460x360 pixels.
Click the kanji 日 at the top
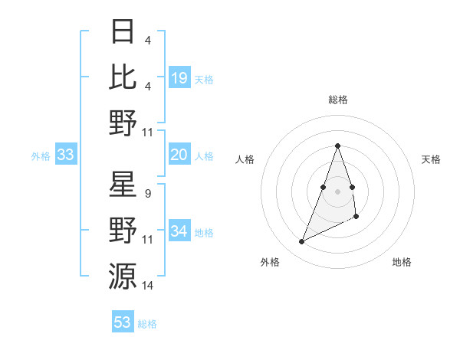(123, 33)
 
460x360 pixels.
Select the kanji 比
(123, 77)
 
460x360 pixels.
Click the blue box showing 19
(179, 78)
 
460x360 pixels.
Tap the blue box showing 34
(179, 232)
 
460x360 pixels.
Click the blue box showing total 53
(123, 322)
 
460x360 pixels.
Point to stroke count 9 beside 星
(147, 194)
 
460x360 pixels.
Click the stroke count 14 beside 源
(148, 285)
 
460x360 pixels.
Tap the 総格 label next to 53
(147, 324)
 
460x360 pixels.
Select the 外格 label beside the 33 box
(41, 156)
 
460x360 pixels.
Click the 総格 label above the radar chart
(337, 100)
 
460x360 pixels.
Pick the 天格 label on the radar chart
(432, 159)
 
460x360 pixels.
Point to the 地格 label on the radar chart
(402, 262)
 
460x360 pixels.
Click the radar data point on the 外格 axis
(302, 242)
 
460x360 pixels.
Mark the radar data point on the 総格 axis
(337, 146)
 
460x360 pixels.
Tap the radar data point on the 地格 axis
(357, 218)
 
